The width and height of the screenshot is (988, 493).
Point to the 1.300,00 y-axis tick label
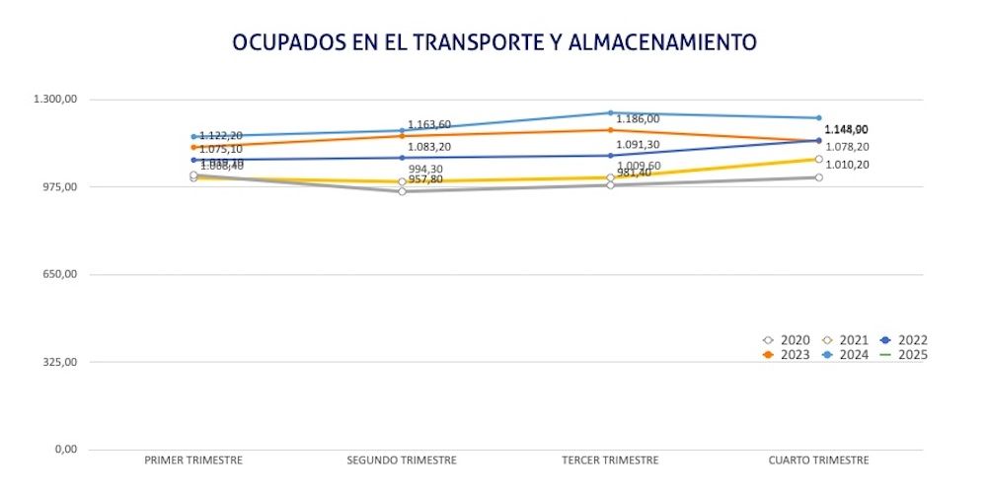(x=55, y=100)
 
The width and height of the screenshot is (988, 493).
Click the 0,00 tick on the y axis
(x=66, y=450)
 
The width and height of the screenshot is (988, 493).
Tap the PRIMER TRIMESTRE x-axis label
(x=193, y=460)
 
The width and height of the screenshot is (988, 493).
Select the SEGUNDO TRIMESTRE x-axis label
(x=402, y=460)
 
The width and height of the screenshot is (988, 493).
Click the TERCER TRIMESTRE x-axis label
(x=610, y=460)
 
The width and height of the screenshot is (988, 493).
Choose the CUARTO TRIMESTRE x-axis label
(x=818, y=460)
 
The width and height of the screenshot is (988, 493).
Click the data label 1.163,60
(x=429, y=124)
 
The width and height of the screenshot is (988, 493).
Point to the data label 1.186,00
(x=638, y=119)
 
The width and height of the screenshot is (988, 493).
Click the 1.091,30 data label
(x=638, y=144)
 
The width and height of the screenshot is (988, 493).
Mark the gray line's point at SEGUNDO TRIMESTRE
(x=402, y=191)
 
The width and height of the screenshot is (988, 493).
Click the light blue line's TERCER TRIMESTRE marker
(x=610, y=112)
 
